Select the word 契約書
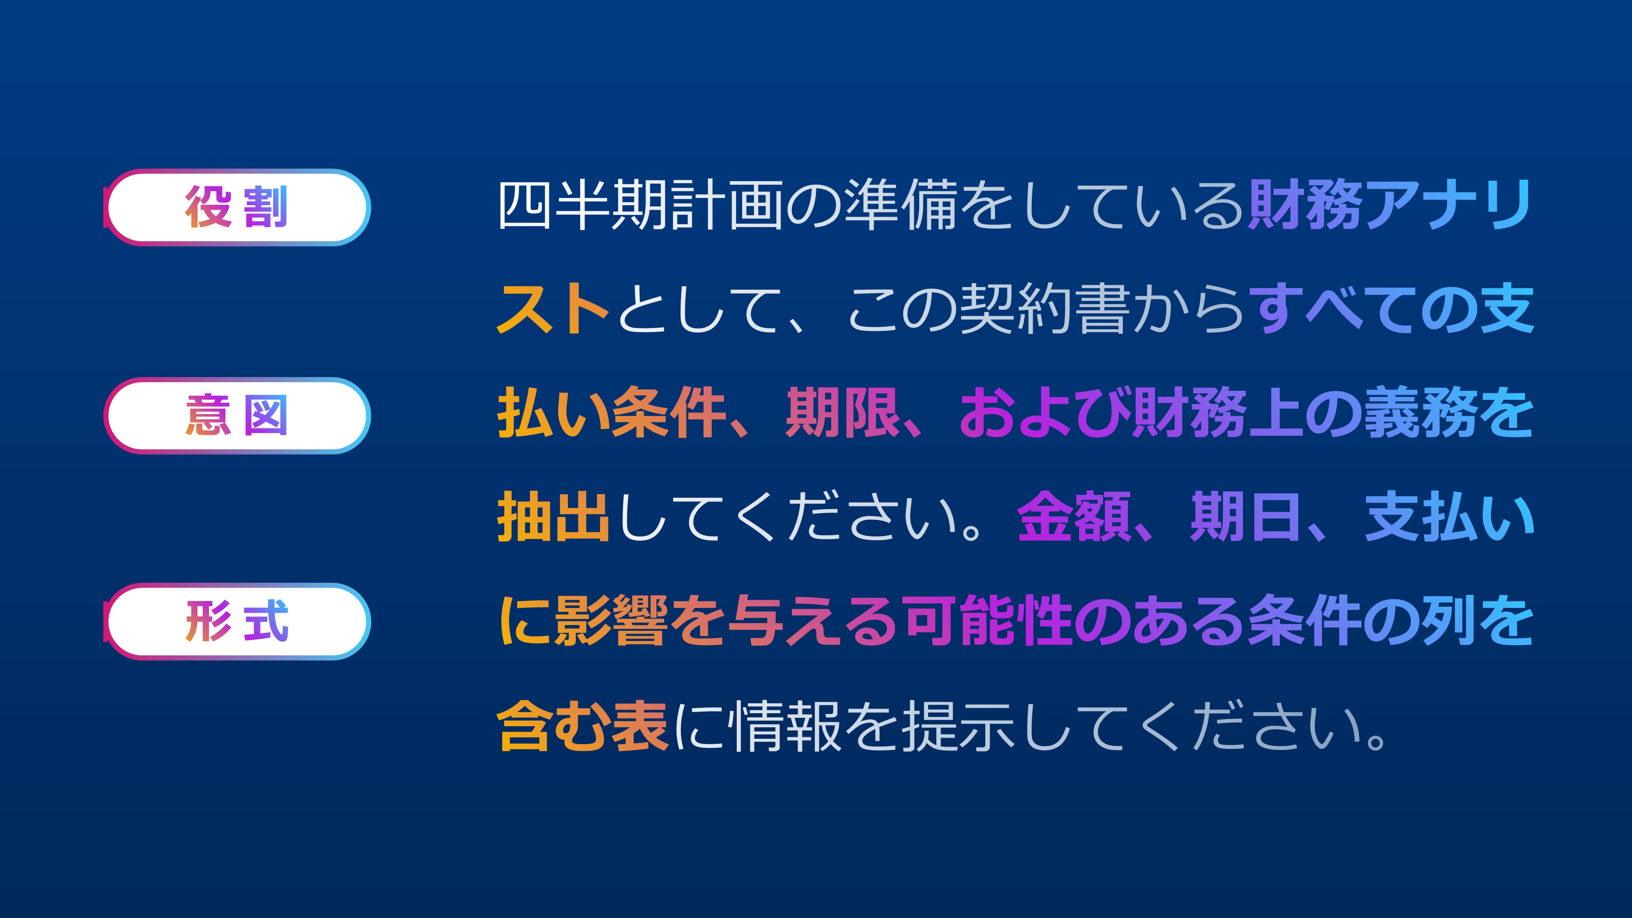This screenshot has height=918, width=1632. [1045, 309]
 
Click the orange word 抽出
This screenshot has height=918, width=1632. [554, 517]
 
